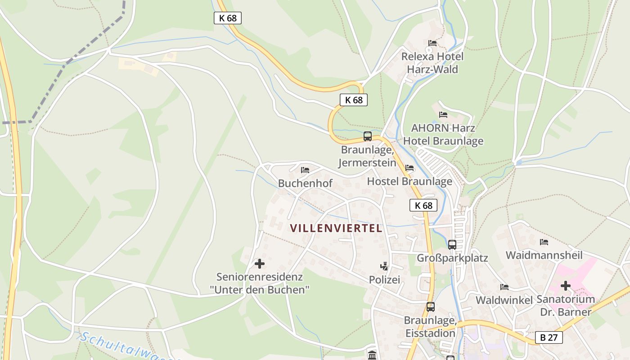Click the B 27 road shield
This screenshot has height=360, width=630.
click(549, 337)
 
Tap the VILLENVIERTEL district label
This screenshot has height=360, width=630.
click(336, 228)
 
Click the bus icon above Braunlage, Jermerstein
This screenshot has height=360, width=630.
click(368, 136)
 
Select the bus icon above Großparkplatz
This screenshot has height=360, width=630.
click(452, 245)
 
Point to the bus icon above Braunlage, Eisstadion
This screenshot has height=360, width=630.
click(431, 307)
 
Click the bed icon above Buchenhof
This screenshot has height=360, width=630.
click(305, 170)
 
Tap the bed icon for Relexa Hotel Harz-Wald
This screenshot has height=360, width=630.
click(432, 43)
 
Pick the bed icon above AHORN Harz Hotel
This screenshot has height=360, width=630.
click(443, 115)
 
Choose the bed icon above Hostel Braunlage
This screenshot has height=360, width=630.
click(409, 168)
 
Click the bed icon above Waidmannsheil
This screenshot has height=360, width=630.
click(544, 242)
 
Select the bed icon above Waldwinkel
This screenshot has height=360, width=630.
click(504, 287)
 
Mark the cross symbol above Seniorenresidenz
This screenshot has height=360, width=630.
click(260, 264)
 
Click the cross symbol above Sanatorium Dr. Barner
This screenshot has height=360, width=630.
click(566, 286)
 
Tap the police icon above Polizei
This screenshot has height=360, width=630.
click(384, 266)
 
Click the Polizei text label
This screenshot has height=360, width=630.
click(384, 280)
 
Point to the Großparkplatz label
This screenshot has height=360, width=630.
click(452, 258)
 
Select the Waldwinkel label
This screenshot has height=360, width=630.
click(504, 300)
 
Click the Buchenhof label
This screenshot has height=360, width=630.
click(305, 183)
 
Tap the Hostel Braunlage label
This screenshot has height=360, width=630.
click(409, 181)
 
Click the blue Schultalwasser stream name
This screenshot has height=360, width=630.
click(126, 346)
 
